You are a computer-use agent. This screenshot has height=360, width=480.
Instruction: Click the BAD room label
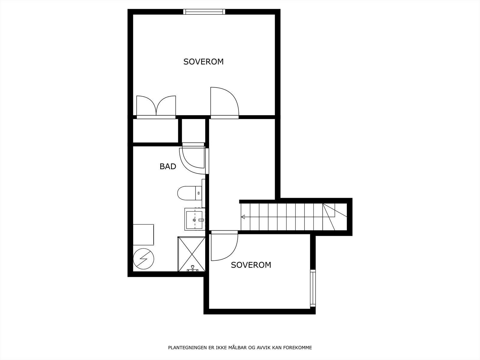(x=168, y=166)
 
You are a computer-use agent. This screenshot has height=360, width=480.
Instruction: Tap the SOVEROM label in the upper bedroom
(x=203, y=61)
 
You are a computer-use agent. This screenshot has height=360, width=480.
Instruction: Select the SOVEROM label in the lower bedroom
(x=251, y=265)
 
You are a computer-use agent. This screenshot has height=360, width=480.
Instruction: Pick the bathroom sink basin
(x=195, y=220)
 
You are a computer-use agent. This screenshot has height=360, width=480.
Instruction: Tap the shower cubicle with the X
(x=191, y=254)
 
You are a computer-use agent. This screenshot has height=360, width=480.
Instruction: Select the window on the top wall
(x=204, y=12)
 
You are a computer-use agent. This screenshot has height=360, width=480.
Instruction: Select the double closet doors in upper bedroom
(x=156, y=106)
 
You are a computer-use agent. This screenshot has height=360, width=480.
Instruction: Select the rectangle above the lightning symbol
(x=143, y=235)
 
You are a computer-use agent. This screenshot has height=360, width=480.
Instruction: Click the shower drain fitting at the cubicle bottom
(x=193, y=269)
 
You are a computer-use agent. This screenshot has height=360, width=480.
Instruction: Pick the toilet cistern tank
(x=198, y=193)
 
